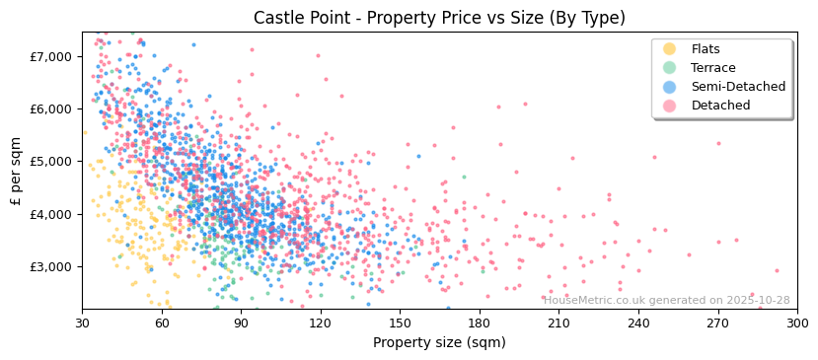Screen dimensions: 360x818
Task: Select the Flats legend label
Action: [x=706, y=49]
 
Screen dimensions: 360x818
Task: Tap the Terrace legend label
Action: [x=712, y=68]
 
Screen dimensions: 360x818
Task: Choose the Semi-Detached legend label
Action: [x=738, y=87]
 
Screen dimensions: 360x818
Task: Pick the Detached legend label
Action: [x=720, y=106]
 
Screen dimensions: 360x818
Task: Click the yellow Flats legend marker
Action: [x=670, y=49]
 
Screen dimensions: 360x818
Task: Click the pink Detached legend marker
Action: [x=670, y=106]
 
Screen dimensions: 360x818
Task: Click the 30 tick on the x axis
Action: [x=82, y=323]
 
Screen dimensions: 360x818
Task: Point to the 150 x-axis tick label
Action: [x=400, y=323]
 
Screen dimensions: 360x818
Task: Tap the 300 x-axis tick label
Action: [x=797, y=323]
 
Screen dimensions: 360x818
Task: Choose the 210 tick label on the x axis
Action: [x=558, y=323]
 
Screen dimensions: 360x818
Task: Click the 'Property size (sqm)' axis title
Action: [x=439, y=342]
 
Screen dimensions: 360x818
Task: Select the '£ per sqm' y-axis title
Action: [x=16, y=172]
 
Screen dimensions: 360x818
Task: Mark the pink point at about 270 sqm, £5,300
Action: [x=718, y=143]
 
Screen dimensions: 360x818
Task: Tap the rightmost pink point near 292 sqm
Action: [x=777, y=270]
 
